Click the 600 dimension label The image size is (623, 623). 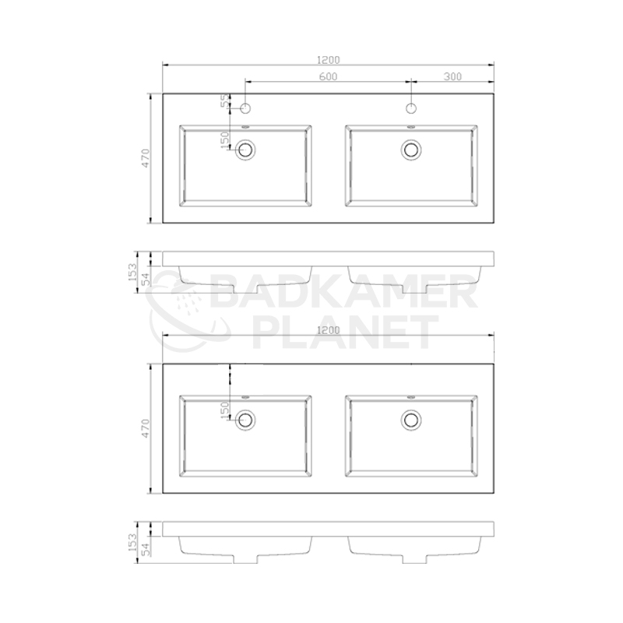point(328,76)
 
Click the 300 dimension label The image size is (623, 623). point(452,76)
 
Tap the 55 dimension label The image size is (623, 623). point(225,100)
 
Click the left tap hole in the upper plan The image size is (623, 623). point(245,108)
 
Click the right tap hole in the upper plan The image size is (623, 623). point(411,108)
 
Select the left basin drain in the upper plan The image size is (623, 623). point(245,150)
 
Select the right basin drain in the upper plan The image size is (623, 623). point(411,150)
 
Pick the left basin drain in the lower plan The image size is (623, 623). point(245,420)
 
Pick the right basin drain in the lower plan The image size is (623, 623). point(411,420)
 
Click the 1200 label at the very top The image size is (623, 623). point(329,60)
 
